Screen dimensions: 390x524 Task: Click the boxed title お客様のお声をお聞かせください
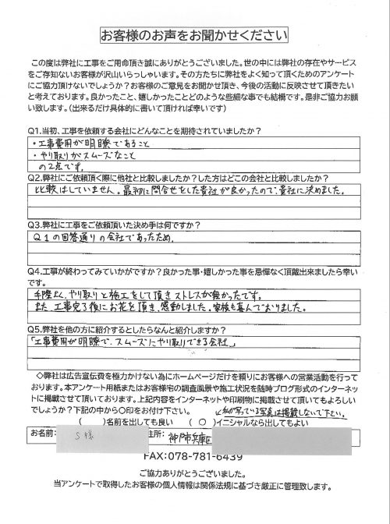point(195,35)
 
